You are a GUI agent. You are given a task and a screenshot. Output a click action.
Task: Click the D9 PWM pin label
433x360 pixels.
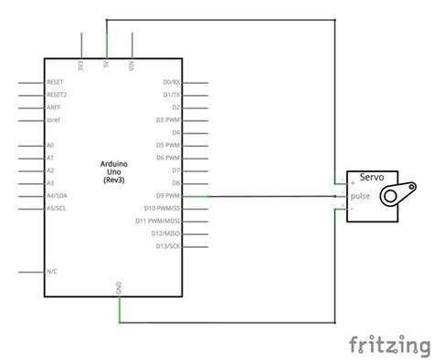click(x=168, y=195)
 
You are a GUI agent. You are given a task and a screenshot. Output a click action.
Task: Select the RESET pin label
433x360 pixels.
click(x=55, y=82)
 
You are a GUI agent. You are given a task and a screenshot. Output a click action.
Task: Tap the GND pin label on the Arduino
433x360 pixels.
click(x=119, y=287)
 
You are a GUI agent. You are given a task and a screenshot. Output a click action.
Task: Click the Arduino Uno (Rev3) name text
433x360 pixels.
click(x=116, y=171)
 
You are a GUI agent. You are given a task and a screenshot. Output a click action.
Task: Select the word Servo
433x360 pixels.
click(x=372, y=178)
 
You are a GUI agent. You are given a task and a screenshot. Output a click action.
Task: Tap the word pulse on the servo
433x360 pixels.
click(x=361, y=194)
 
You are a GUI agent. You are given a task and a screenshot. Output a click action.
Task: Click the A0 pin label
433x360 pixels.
click(x=50, y=145)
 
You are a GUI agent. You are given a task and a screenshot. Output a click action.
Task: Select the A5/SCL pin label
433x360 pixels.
click(x=57, y=208)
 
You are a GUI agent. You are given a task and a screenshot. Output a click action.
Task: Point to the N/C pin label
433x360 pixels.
click(x=52, y=272)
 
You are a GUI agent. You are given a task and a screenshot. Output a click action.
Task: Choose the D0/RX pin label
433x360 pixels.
click(x=171, y=82)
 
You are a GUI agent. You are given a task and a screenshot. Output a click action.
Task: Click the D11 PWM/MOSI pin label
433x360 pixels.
click(x=158, y=221)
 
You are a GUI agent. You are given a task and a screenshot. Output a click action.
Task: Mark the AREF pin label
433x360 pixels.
click(x=54, y=107)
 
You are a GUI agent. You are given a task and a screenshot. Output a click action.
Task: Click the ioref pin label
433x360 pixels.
click(x=53, y=119)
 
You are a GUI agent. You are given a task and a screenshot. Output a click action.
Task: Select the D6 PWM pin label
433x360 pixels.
click(x=168, y=158)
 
